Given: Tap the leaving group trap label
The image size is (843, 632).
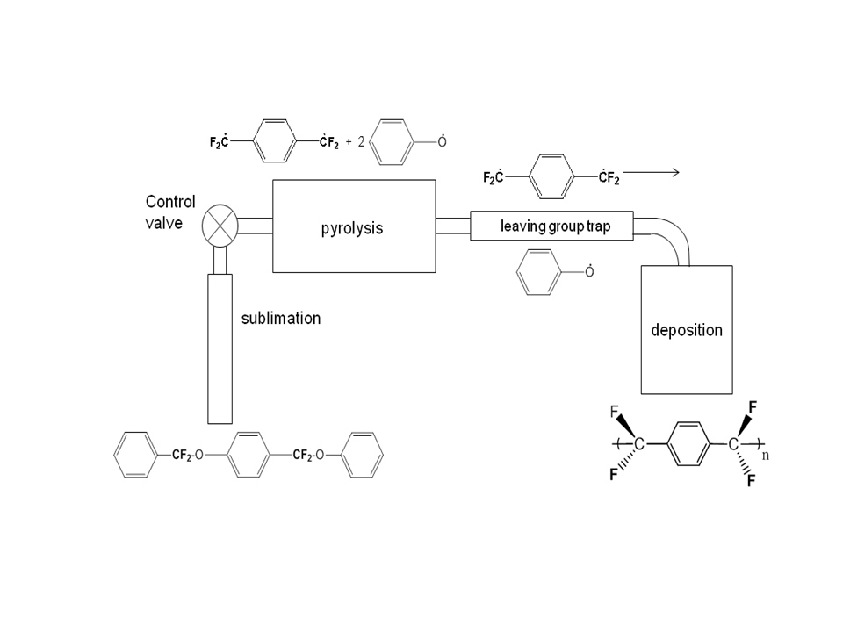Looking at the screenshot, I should tap(554, 226).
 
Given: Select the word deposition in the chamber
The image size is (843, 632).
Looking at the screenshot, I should tap(687, 330).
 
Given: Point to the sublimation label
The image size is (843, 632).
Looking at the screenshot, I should tap(281, 318).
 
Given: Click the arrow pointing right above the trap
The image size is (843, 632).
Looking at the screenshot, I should tap(651, 172).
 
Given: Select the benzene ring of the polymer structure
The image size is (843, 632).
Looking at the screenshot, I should tap(687, 445).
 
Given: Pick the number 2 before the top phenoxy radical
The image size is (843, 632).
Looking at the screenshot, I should tap(360, 141).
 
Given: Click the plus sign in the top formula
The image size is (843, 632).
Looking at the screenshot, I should tap(348, 141).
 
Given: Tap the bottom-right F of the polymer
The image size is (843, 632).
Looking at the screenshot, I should tap(751, 480).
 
